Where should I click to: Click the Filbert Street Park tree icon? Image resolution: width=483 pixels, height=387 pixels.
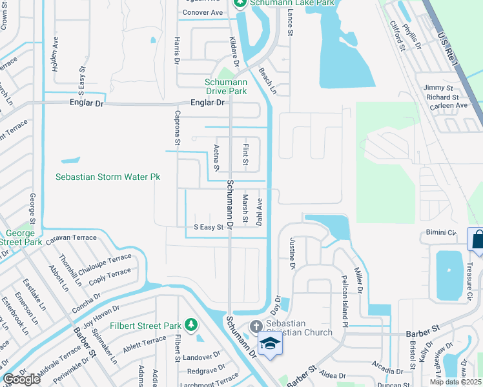click(x=190, y=324)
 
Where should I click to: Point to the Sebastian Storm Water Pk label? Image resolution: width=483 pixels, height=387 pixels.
click(x=107, y=177)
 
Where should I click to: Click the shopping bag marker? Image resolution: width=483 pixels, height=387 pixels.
click(x=477, y=240)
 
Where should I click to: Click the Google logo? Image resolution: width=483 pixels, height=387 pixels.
click(x=21, y=380)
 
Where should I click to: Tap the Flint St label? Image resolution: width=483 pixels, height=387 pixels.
click(x=245, y=154)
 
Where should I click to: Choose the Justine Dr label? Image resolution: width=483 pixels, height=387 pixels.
click(x=292, y=252)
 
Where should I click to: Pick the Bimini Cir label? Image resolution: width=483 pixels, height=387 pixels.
click(x=440, y=232)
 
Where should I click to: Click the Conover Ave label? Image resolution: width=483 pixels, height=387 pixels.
click(x=203, y=12)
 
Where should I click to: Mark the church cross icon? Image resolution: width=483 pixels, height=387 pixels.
click(x=255, y=327)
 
